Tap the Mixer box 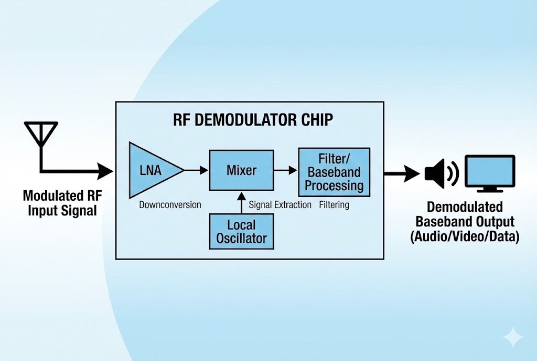[241, 170]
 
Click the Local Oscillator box [241, 232]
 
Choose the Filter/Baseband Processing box [334, 171]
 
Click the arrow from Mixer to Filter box [285, 170]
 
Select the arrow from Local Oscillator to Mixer [241, 202]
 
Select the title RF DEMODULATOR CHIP [253, 120]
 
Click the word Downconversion [170, 204]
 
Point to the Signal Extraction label [280, 204]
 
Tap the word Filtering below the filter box [334, 204]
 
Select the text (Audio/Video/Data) [465, 237]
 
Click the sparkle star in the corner [512, 337]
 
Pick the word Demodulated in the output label [465, 207]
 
